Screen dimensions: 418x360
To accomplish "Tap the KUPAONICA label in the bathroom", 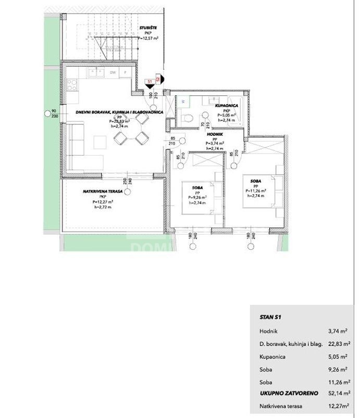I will click(227, 105).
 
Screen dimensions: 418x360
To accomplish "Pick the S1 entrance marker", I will click(149, 82).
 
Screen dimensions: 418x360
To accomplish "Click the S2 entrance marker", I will click(158, 80).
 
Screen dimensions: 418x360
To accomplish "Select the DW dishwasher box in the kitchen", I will click(112, 72).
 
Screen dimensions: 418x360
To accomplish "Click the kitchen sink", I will click(94, 72).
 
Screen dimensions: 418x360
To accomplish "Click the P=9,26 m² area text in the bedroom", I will click(197, 197).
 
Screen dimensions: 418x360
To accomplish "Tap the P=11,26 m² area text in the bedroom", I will click(256, 191).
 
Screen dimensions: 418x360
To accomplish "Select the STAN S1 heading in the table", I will click(270, 316).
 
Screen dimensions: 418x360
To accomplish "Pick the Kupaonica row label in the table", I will click(271, 358).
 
